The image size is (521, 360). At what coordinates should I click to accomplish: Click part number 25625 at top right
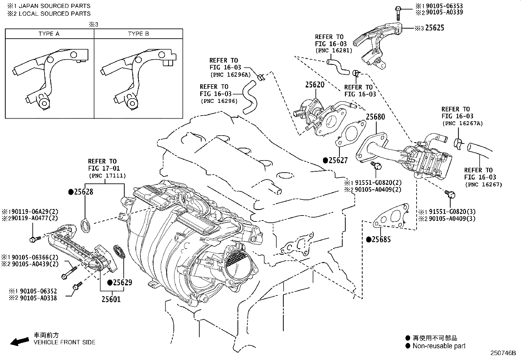point(435,28)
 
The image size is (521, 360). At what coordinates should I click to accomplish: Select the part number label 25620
point(315,85)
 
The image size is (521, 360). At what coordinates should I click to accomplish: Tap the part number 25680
point(375,117)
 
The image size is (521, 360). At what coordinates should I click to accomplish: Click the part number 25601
point(111,299)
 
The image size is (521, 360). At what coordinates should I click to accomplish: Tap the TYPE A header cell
point(49,34)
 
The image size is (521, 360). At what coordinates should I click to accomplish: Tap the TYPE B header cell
point(138,34)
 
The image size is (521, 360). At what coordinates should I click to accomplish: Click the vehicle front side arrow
point(19,342)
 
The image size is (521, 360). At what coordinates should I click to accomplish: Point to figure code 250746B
point(503,353)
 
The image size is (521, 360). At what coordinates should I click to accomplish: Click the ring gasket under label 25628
point(86,226)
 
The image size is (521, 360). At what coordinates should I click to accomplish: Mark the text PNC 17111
point(107,176)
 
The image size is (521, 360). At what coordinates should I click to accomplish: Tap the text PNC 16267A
point(462,123)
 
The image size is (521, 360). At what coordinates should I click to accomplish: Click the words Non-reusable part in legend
point(439,346)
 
